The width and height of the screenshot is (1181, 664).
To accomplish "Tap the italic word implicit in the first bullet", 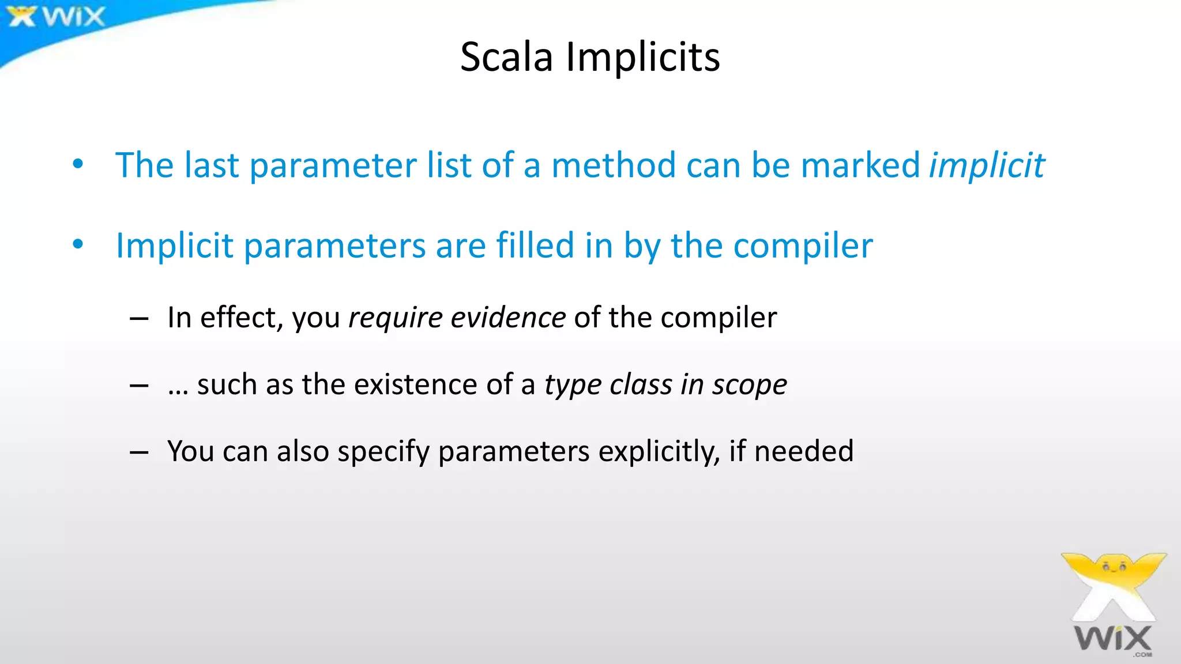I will coord(987,165).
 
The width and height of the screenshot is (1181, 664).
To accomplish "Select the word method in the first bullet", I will coord(613,165).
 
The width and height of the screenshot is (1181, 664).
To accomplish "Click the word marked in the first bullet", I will coord(860,165).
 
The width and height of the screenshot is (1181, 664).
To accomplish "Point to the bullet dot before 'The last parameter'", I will coord(78,164).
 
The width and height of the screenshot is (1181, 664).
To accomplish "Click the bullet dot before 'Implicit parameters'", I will coord(78,245).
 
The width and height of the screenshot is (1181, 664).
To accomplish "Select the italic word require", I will coord(395,318).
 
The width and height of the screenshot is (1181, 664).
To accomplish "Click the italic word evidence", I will coord(508,318).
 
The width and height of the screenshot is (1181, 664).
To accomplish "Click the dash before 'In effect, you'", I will coord(139,319).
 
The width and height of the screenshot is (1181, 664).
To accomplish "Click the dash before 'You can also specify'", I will coord(139,452).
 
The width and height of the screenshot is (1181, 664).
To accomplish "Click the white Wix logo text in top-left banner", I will coord(74,17).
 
